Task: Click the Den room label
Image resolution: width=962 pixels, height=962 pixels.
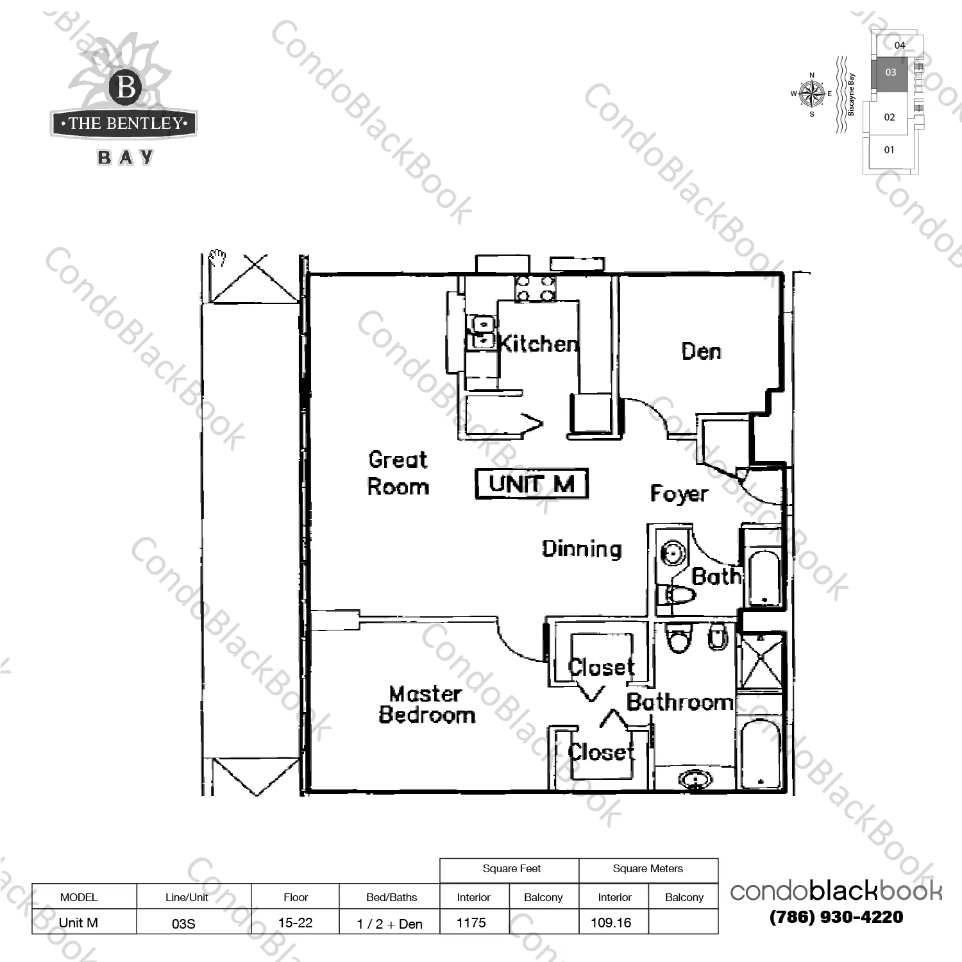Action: tap(701, 351)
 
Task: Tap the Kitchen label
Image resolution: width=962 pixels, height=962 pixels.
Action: tap(537, 344)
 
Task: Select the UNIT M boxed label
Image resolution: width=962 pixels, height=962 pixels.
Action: tap(532, 484)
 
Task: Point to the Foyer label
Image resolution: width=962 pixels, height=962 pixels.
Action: tap(679, 493)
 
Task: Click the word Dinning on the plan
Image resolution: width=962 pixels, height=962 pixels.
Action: tap(582, 549)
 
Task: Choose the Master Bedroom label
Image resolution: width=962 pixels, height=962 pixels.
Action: tap(426, 704)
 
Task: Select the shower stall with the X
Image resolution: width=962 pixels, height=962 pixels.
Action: tap(760, 661)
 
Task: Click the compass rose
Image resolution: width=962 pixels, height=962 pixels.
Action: tap(812, 94)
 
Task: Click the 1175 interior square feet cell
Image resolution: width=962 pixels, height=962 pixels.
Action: tap(475, 922)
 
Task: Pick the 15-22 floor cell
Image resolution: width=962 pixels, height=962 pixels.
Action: tap(295, 922)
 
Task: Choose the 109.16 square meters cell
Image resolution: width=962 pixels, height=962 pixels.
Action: tap(613, 922)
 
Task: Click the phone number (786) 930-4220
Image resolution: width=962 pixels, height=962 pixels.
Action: tap(836, 917)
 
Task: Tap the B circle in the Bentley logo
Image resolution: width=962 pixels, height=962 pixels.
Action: tap(126, 87)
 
